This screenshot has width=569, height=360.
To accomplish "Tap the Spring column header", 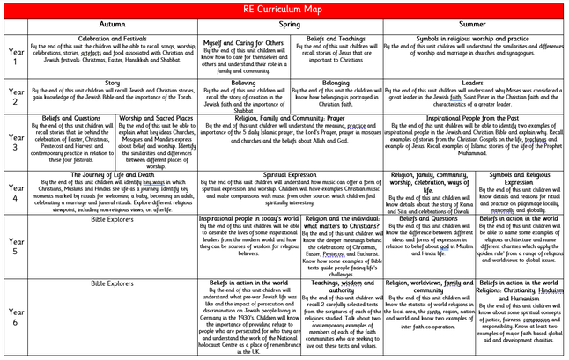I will point(290,26).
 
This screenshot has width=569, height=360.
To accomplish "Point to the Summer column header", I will point(473,26).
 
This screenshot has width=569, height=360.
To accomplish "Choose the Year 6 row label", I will point(15,315).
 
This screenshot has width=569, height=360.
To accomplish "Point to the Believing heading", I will point(244,83).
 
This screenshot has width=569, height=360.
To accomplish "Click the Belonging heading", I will point(336,83).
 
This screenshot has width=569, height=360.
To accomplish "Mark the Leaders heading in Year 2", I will point(473,83).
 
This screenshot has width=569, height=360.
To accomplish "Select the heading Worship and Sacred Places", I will point(155,117).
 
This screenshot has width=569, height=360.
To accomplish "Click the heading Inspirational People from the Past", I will point(473,117).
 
